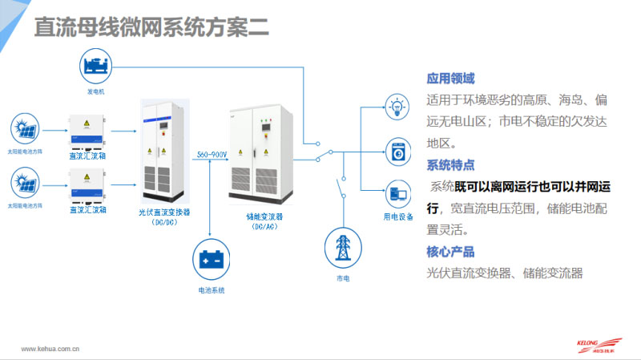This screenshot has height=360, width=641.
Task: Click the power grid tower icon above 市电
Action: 343,247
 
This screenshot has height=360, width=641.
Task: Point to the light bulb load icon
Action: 398,106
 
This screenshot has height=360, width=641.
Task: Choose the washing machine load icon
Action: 398,150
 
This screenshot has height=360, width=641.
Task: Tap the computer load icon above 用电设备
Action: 398,194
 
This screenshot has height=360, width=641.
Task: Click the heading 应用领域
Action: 450,79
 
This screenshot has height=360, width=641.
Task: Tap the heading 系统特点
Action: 450,165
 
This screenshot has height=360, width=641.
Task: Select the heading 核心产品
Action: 450,252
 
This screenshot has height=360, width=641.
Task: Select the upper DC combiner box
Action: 87,131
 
